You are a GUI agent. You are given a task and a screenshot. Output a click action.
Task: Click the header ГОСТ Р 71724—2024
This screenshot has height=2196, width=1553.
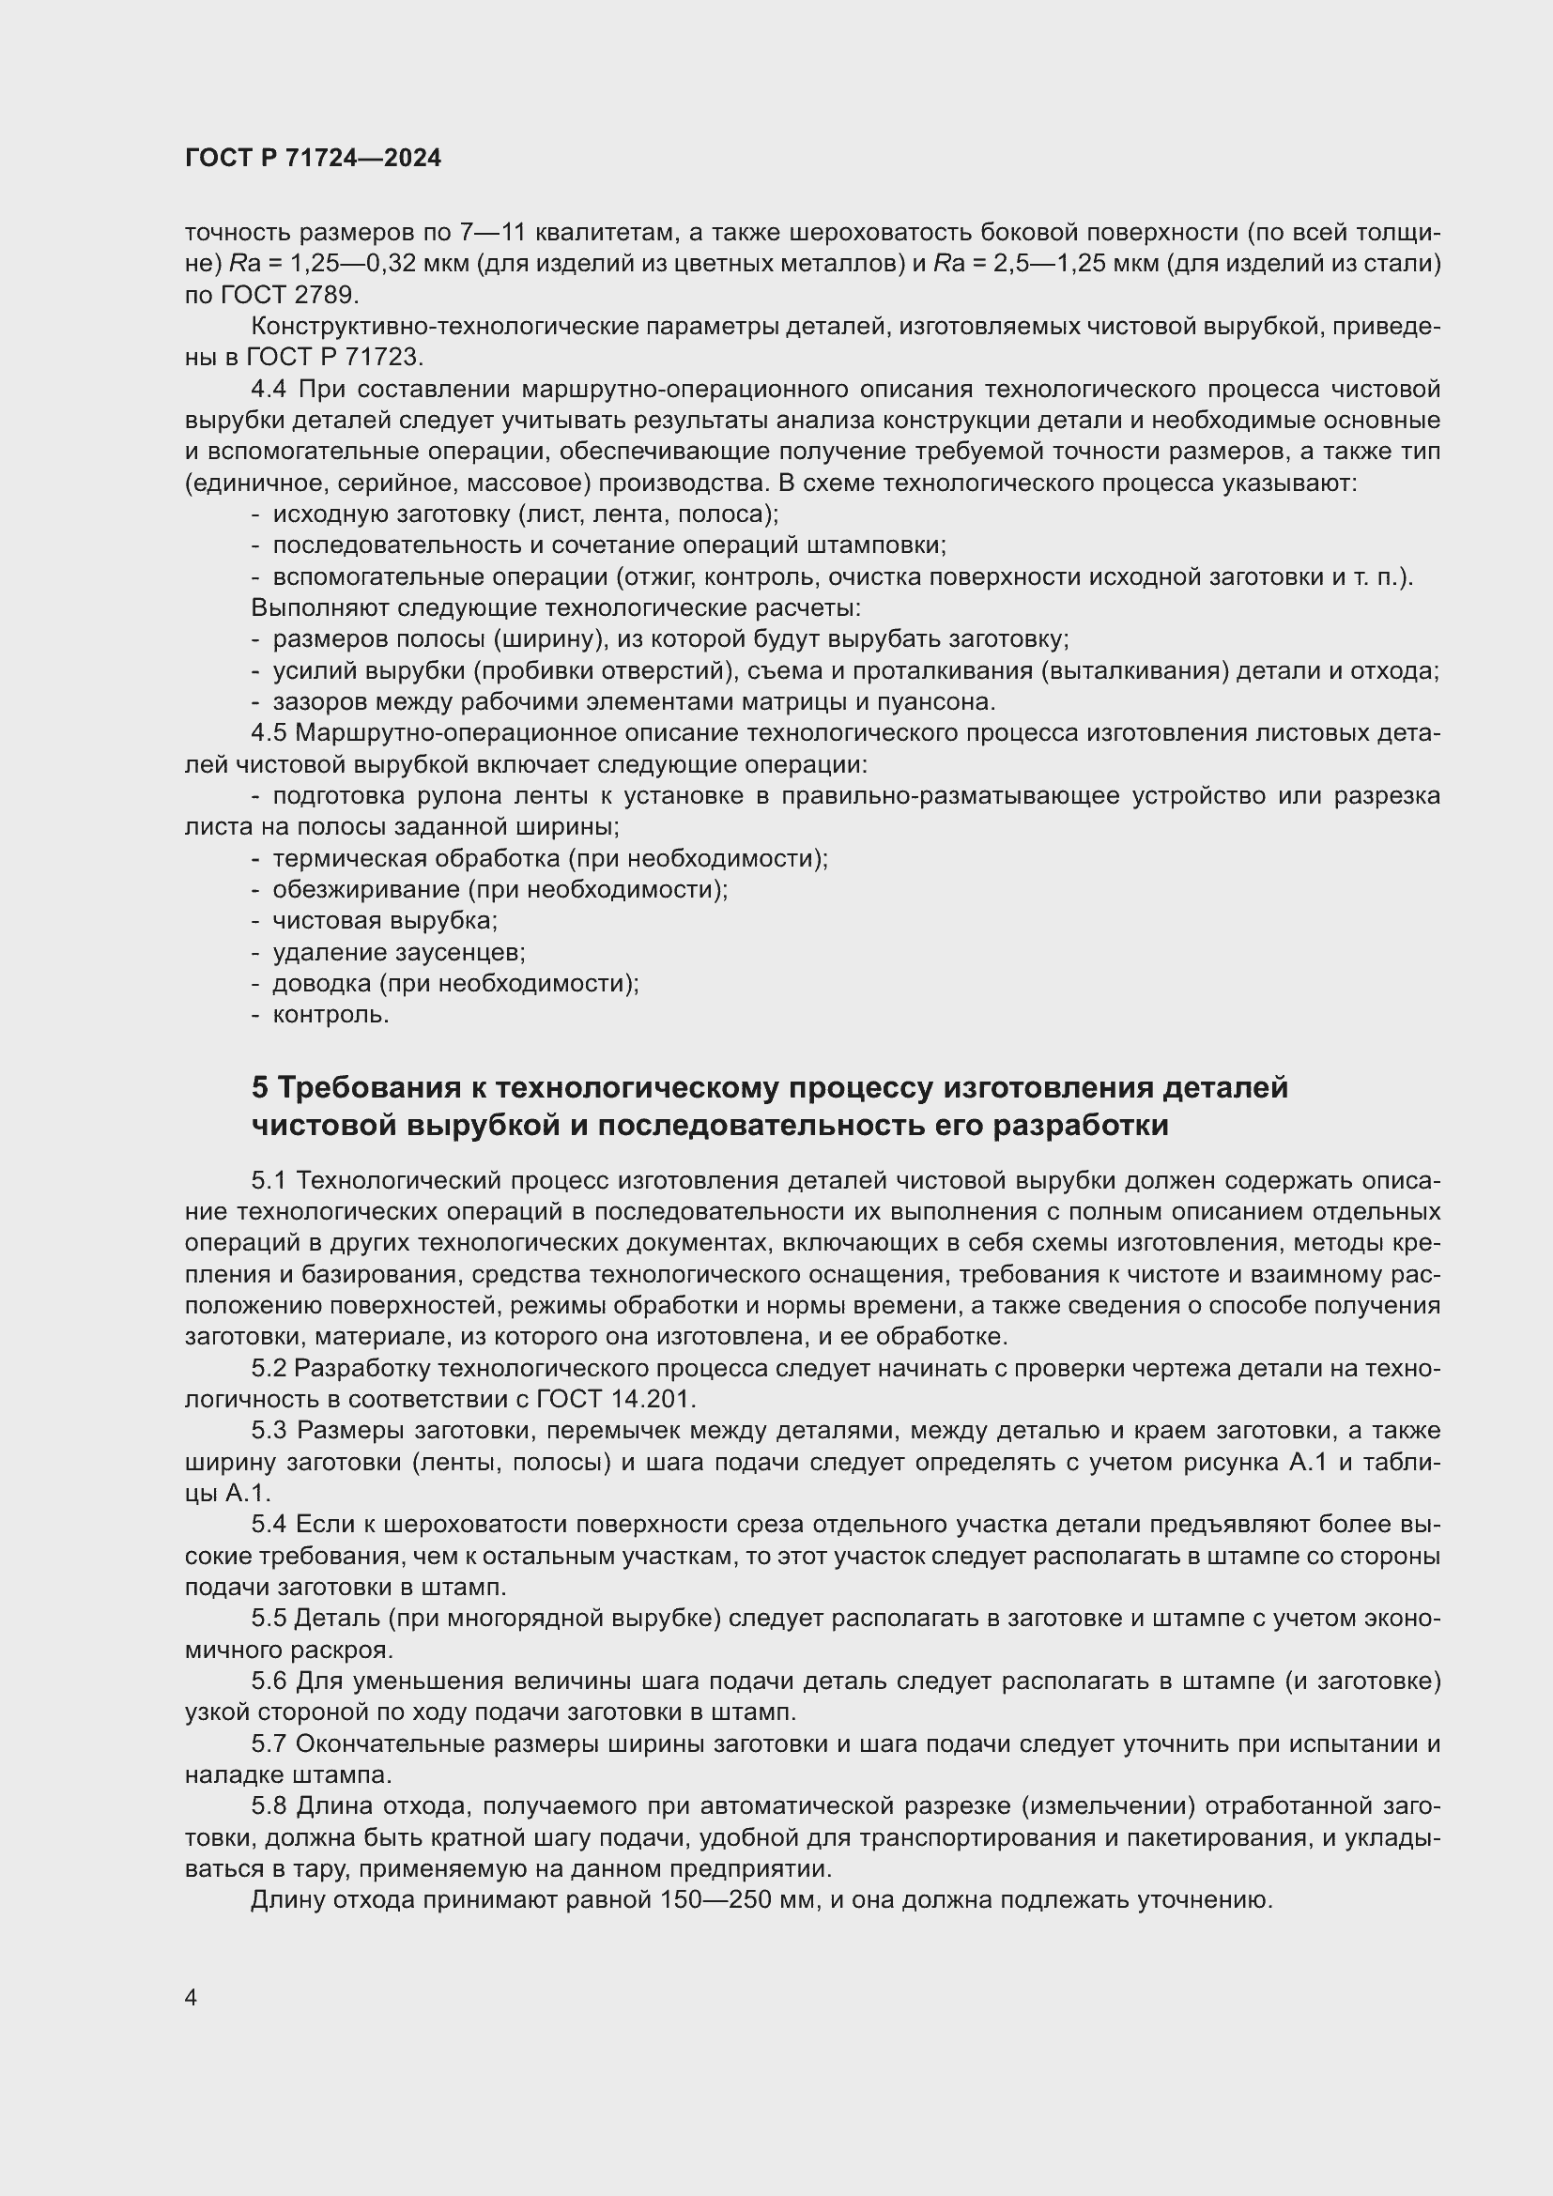313,159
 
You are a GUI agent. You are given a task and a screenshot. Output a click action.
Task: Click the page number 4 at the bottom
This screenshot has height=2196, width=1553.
192,1998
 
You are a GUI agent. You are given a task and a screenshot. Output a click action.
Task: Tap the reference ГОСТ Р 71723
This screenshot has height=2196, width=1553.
332,358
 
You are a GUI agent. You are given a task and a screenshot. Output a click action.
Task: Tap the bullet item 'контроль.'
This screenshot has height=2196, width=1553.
331,1015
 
